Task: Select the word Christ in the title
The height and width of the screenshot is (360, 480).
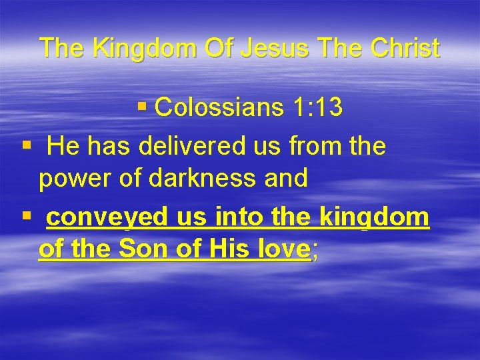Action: pyautogui.click(x=399, y=48)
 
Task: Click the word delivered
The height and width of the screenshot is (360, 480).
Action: pyautogui.click(x=195, y=145)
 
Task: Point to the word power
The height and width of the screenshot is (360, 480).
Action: pyautogui.click(x=71, y=178)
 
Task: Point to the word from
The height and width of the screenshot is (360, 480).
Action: pyautogui.click(x=312, y=145)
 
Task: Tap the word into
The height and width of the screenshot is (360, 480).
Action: pyautogui.click(x=243, y=217)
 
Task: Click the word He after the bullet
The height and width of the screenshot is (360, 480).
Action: pyautogui.click(x=64, y=145)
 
